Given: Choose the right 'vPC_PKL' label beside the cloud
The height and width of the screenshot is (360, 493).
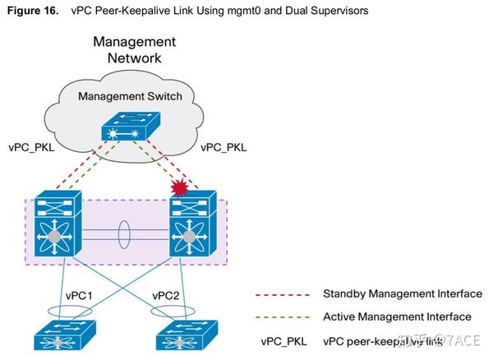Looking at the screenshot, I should [x=224, y=147].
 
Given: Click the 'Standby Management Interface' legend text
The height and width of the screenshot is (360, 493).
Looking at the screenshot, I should [x=402, y=293].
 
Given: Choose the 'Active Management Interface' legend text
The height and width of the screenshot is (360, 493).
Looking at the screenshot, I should [x=396, y=316].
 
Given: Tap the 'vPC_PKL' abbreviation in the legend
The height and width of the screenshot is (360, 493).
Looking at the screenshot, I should [x=282, y=339].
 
